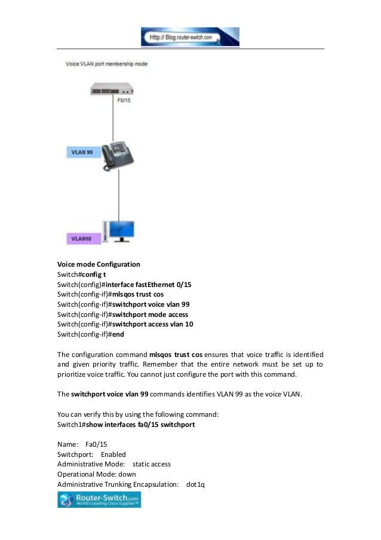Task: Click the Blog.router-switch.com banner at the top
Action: point(190,36)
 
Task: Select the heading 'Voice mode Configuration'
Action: point(99,264)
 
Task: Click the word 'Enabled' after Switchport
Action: point(113,454)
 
